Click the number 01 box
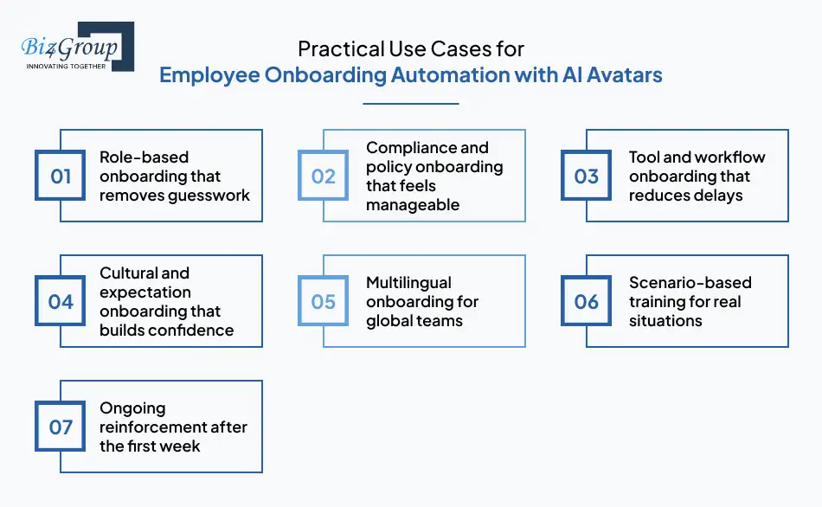click(61, 176)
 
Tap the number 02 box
click(324, 176)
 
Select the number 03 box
click(587, 176)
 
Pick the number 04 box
click(61, 302)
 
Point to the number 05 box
click(324, 302)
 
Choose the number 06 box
click(587, 302)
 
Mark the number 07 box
click(61, 427)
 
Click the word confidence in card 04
click(189, 330)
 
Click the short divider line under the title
click(410, 104)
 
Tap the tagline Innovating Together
click(66, 66)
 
